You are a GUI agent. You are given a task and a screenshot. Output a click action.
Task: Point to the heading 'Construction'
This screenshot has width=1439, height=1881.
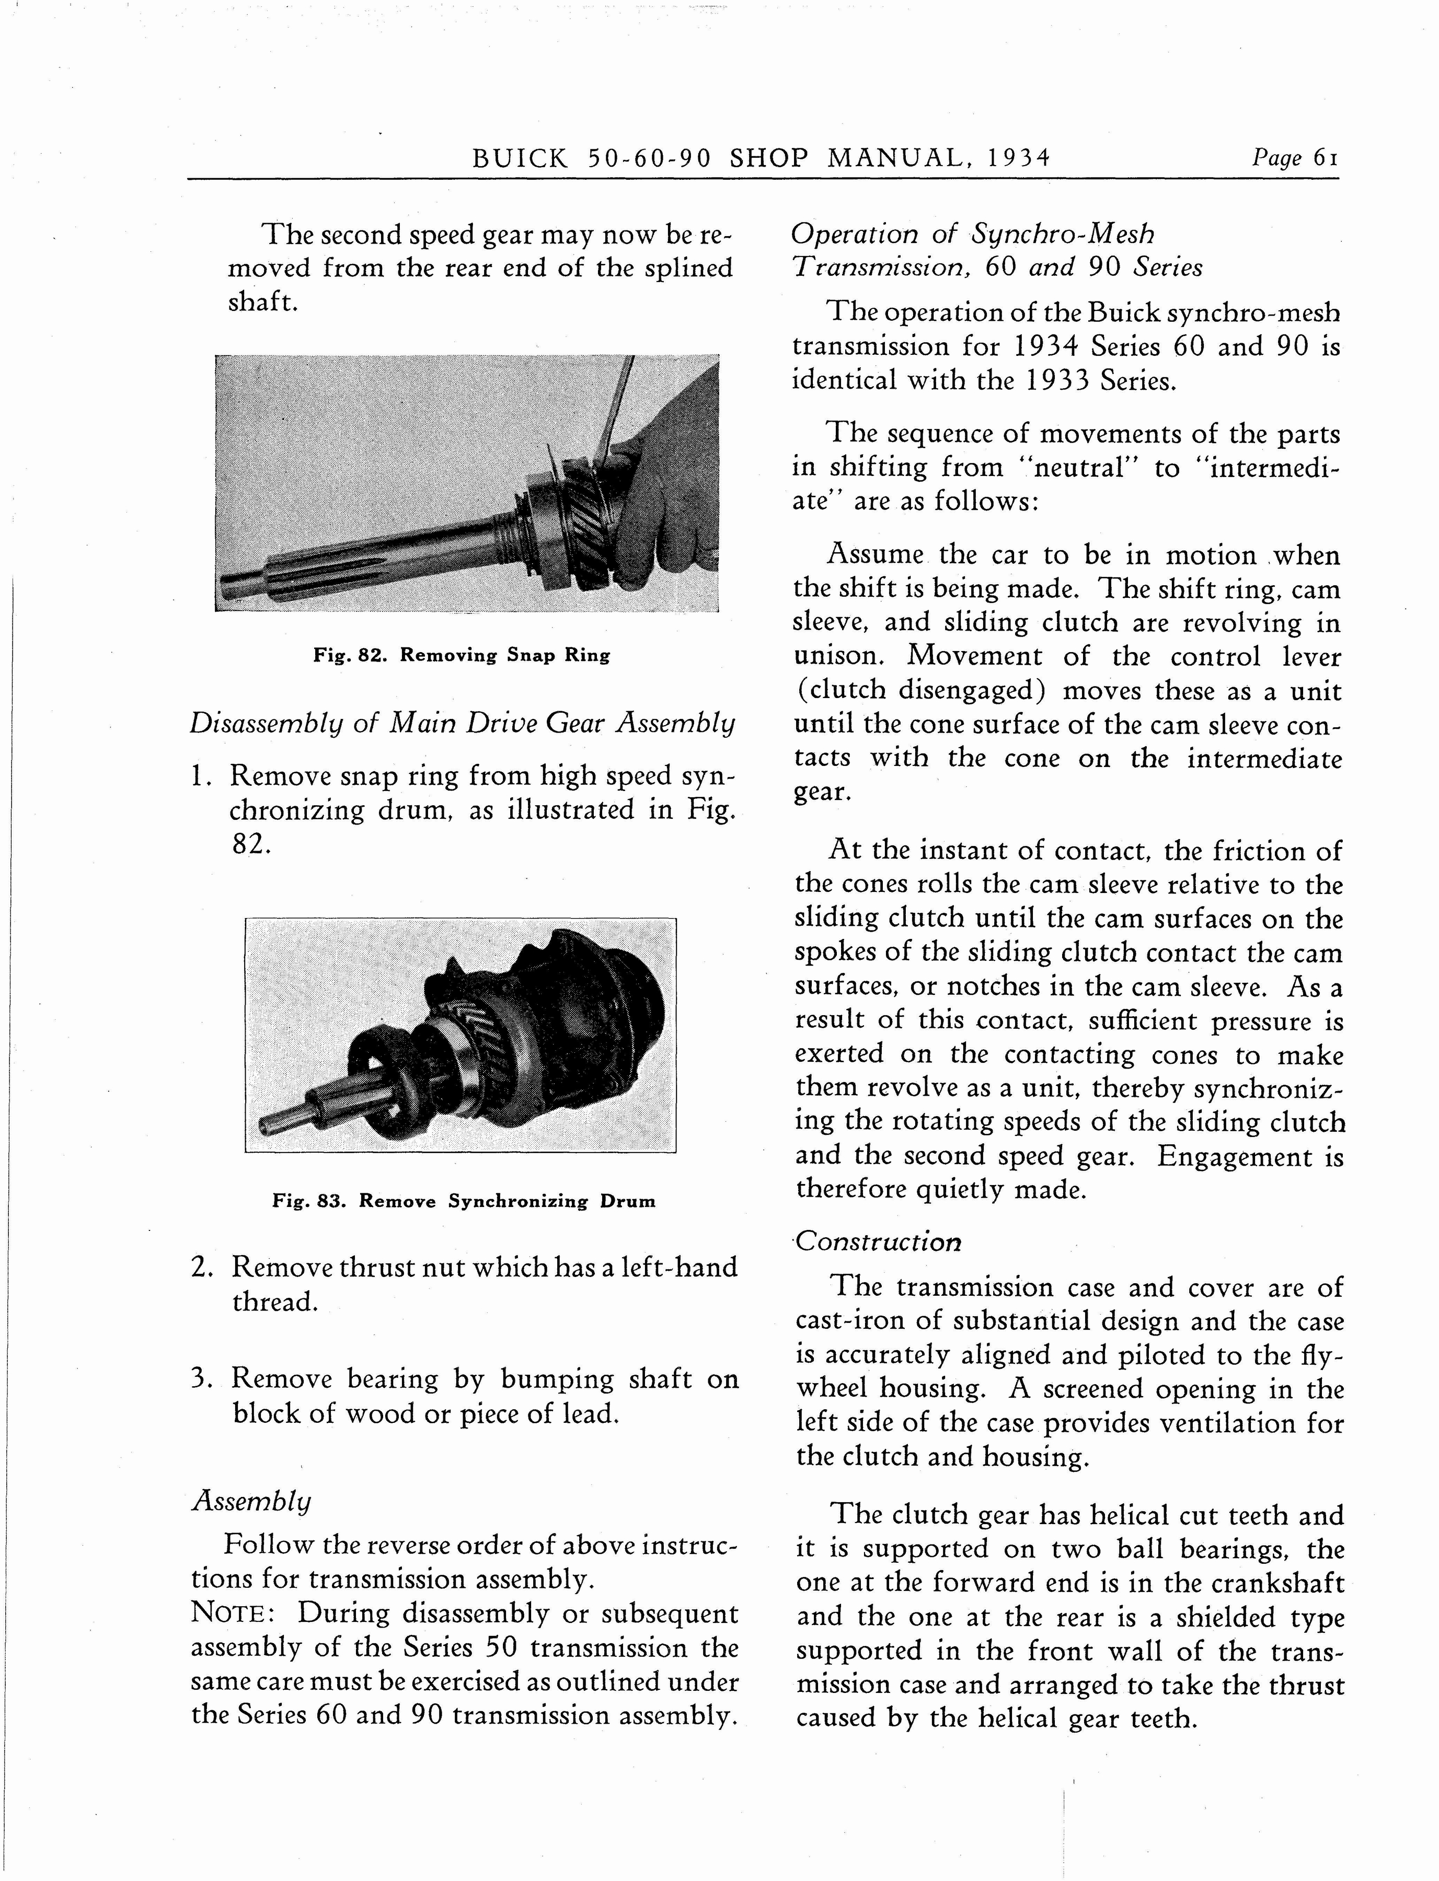click(x=878, y=1243)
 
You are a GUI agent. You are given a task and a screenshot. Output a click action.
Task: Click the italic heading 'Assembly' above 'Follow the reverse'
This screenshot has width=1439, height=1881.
click(x=251, y=1501)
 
